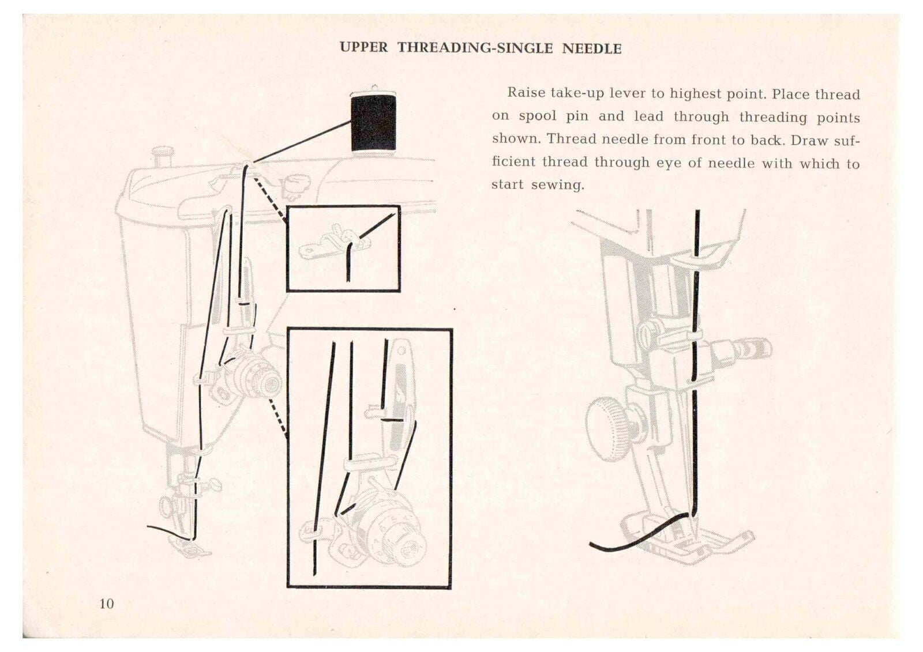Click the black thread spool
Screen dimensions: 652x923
373,123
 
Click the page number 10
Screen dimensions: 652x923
107,604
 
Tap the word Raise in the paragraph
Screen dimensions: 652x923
526,93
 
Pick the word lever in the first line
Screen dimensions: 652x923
629,93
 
